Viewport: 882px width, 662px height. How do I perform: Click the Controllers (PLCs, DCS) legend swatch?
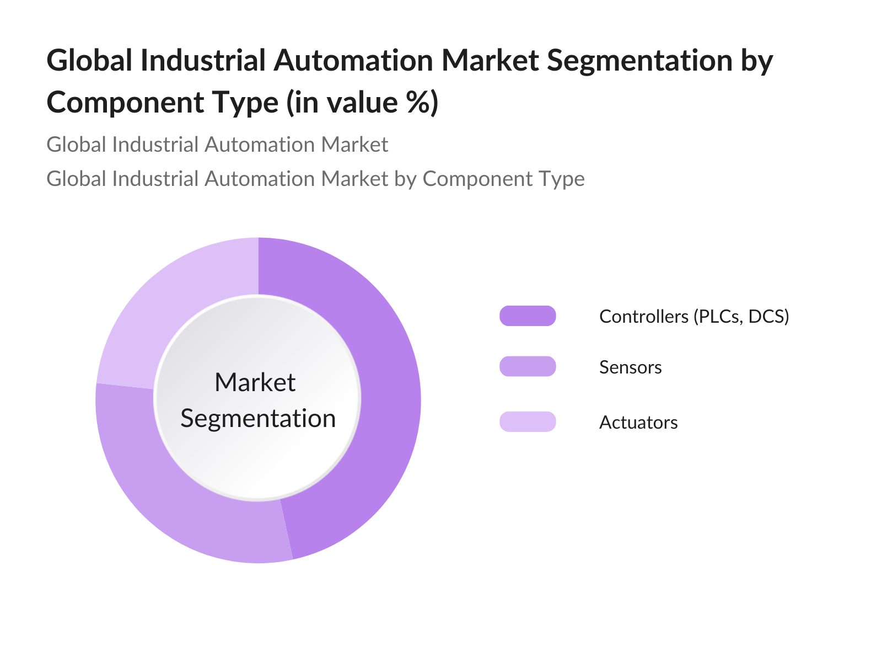coord(528,316)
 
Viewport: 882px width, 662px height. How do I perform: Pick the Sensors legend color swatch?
coord(528,367)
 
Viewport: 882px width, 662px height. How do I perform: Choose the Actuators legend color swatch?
coord(528,422)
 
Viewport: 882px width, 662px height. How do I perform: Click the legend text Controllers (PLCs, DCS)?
coord(694,316)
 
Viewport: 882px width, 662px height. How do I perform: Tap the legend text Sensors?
coord(630,367)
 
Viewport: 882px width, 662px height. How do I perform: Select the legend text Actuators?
coord(638,423)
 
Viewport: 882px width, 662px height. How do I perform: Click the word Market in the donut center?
coord(255,382)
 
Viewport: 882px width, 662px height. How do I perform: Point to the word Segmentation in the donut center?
coord(258,418)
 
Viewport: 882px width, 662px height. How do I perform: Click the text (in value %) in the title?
coord(362,103)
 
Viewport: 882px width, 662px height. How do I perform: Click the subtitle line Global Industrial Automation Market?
coord(217,145)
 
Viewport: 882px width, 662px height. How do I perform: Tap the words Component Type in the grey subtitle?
coord(503,179)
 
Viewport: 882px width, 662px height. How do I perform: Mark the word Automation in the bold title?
coord(353,60)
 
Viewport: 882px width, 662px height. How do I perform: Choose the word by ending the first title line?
coord(756,61)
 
